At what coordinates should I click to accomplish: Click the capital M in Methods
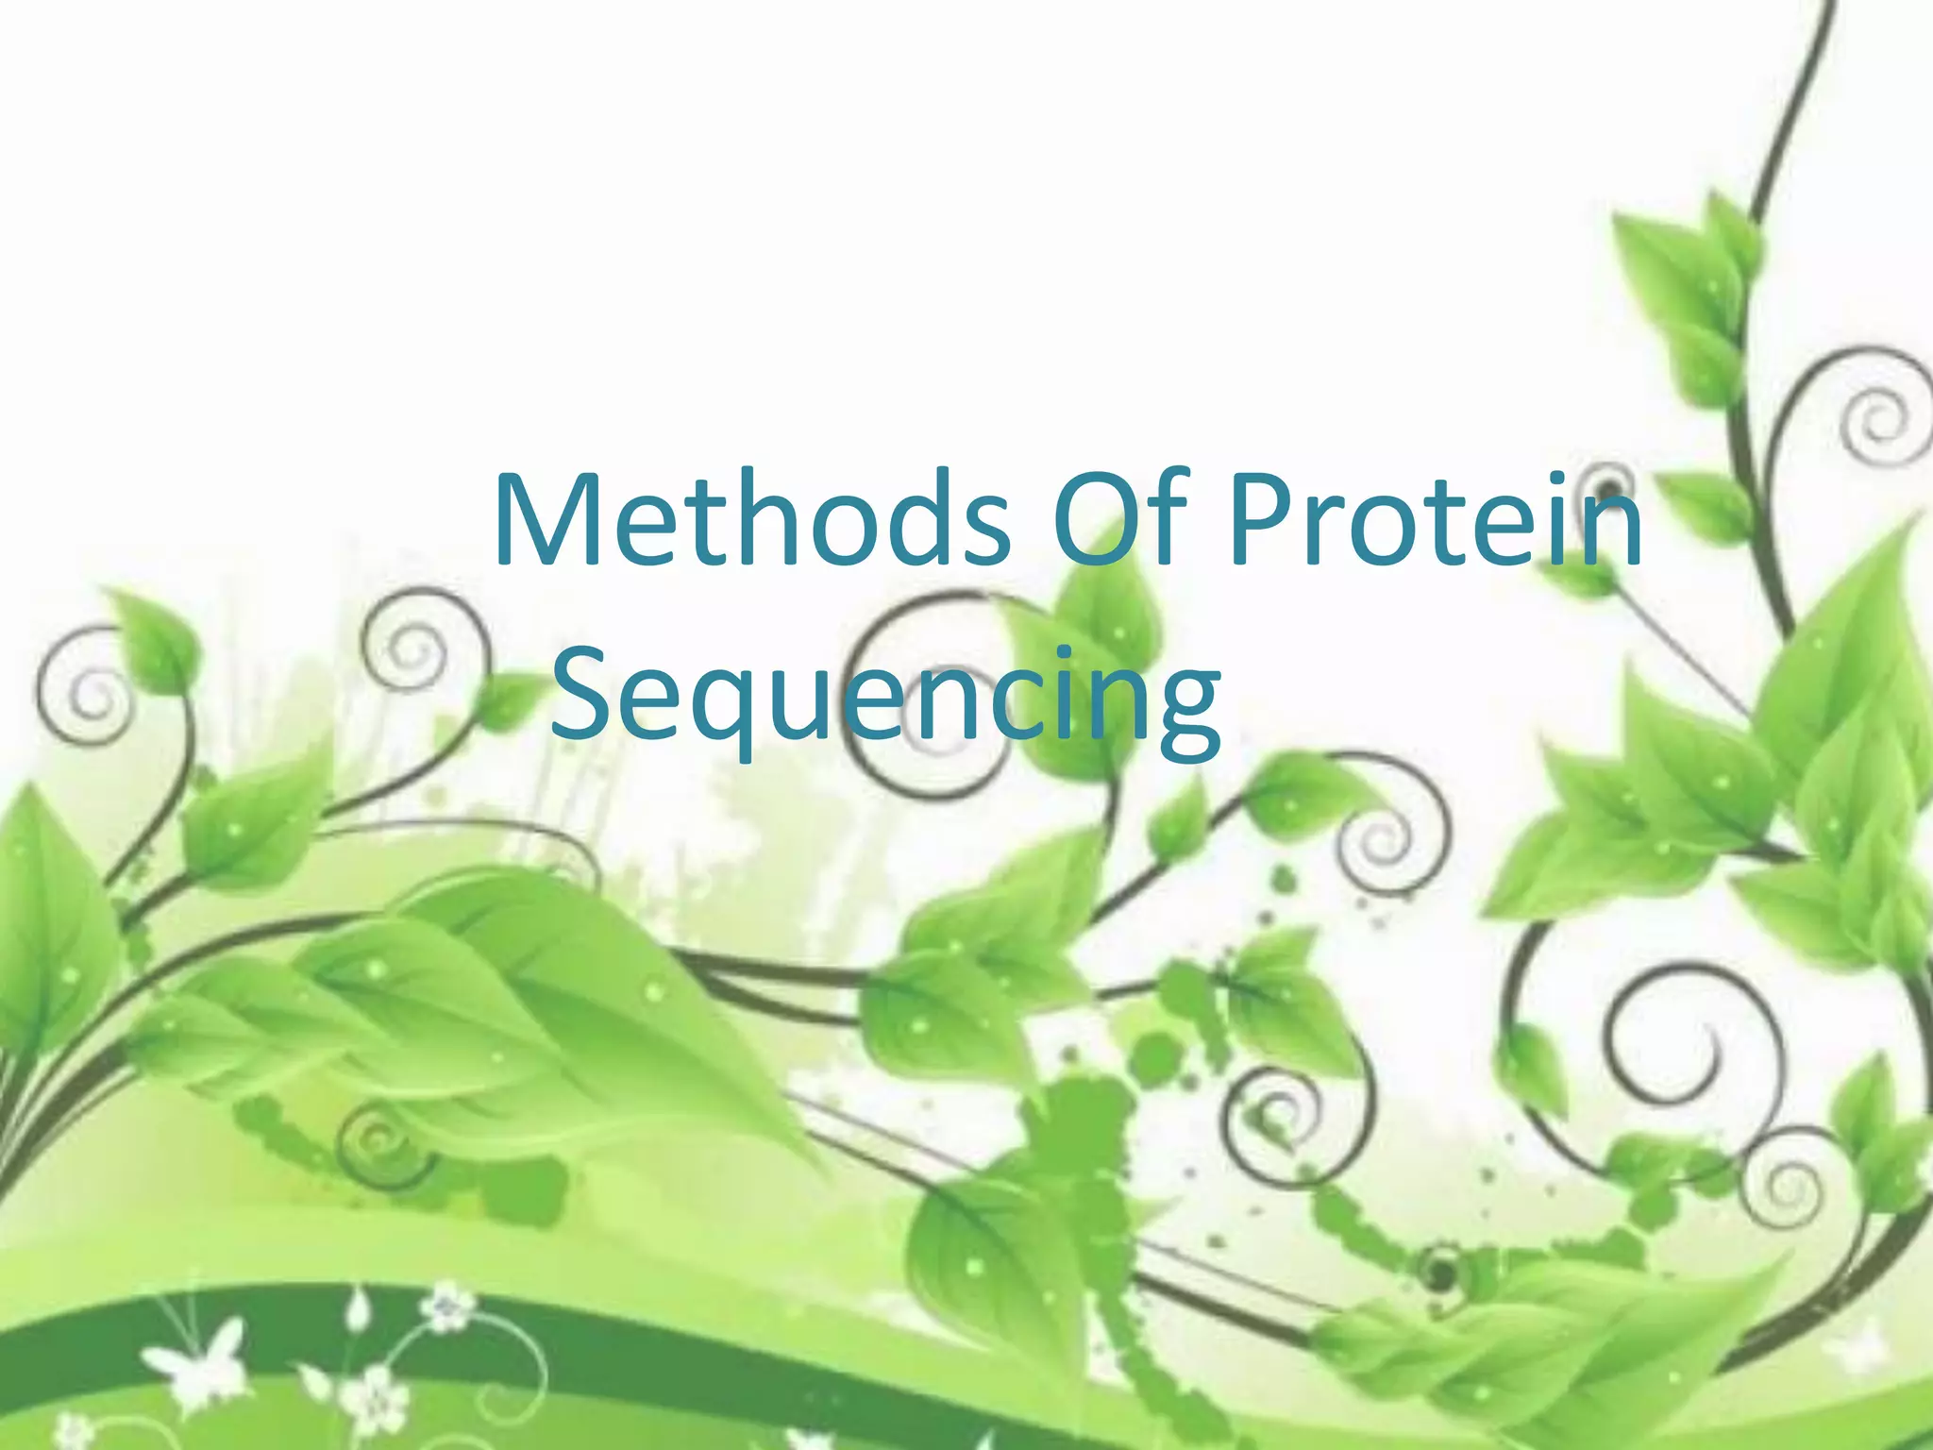coord(547,521)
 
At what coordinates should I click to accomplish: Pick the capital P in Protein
coord(1260,521)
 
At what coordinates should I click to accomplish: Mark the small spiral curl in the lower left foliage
coord(378,1142)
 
